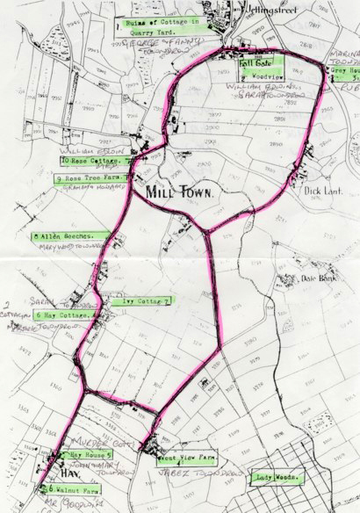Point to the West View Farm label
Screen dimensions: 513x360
(x=187, y=459)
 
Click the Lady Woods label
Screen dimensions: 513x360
(x=277, y=478)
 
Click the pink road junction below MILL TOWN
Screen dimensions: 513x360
(x=207, y=231)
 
